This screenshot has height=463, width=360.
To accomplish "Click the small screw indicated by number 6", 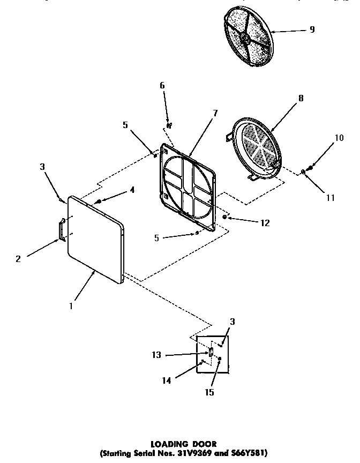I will [x=168, y=125].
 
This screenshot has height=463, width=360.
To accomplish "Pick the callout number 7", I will [x=215, y=113].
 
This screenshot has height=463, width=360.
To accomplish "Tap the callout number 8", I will [x=301, y=98].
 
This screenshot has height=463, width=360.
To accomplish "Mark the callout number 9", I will [x=311, y=29].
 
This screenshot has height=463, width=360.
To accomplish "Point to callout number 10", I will [x=339, y=138].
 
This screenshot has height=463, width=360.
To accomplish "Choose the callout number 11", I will [x=331, y=198].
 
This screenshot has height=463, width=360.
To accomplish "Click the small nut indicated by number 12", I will [x=224, y=217].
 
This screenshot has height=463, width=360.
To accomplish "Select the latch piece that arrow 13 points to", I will [x=211, y=353].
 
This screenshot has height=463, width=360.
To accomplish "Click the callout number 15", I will [x=209, y=392].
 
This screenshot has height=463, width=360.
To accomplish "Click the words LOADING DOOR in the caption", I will [x=183, y=444].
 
